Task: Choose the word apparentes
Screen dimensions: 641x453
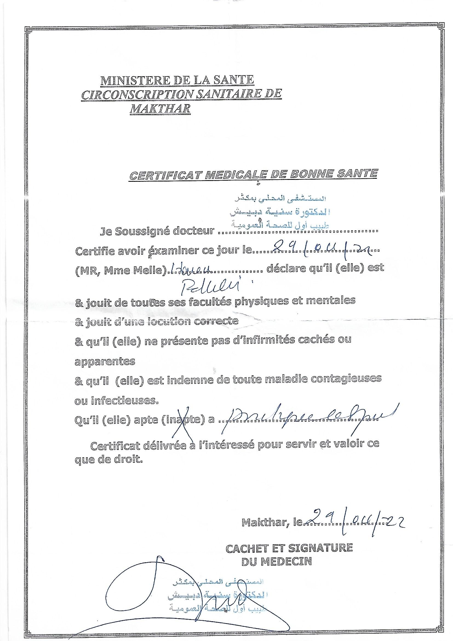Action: pos(105,362)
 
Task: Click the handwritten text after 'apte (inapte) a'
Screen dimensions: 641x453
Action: pos(307,417)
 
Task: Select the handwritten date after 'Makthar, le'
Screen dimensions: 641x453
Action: pos(353,520)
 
